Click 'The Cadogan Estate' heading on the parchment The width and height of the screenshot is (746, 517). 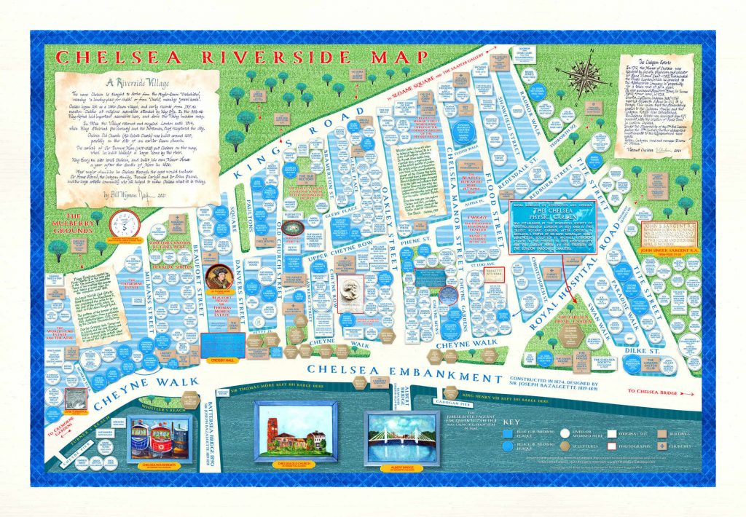(x=659, y=64)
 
